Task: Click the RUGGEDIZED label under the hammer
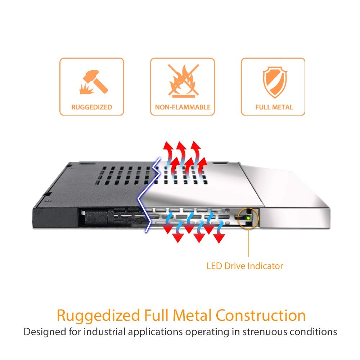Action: click(x=91, y=107)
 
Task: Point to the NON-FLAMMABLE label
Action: click(x=183, y=107)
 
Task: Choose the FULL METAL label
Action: click(x=274, y=107)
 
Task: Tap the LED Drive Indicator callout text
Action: click(x=245, y=266)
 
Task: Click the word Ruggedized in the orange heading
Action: click(x=98, y=316)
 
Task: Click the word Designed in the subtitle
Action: click(x=43, y=332)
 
